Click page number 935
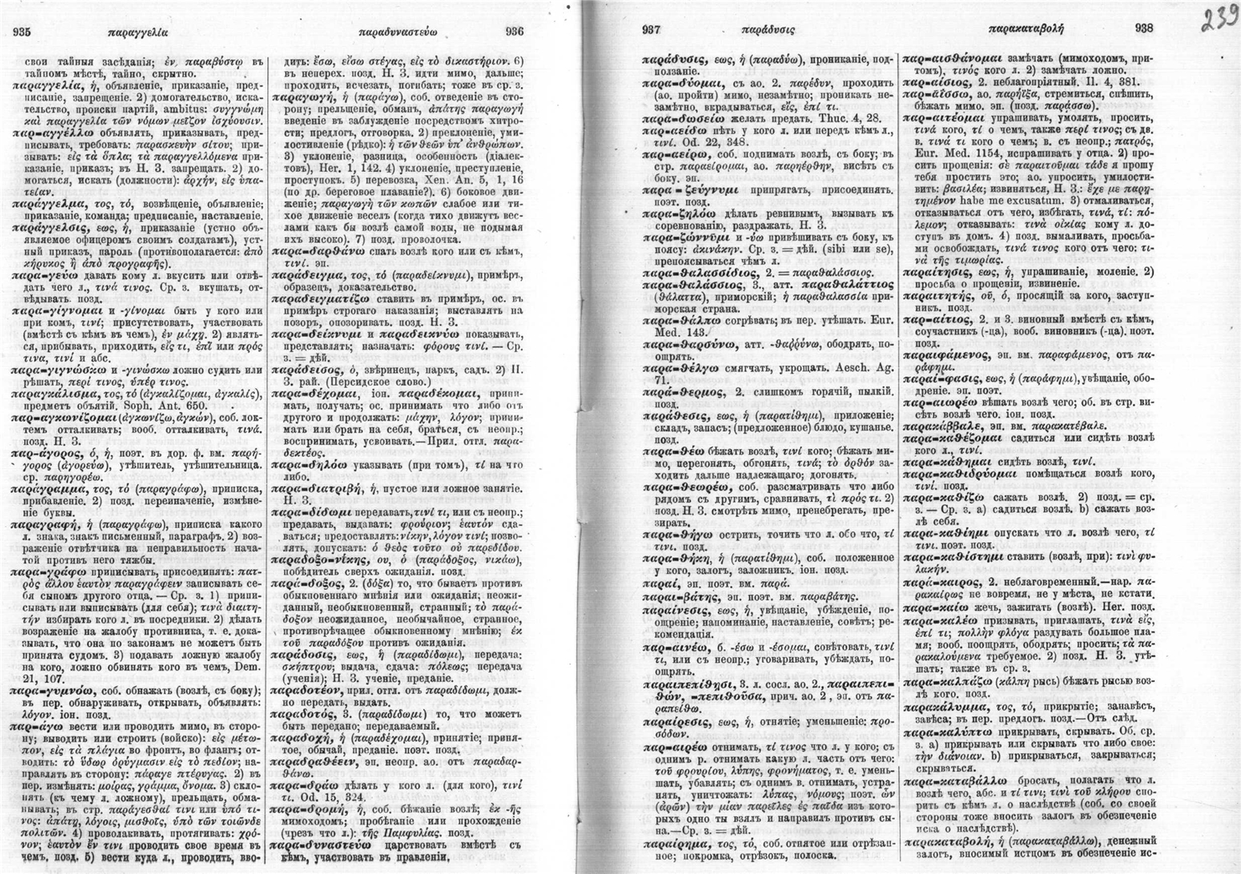[22, 32]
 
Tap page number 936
[514, 32]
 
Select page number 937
[653, 30]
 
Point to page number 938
[1144, 28]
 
